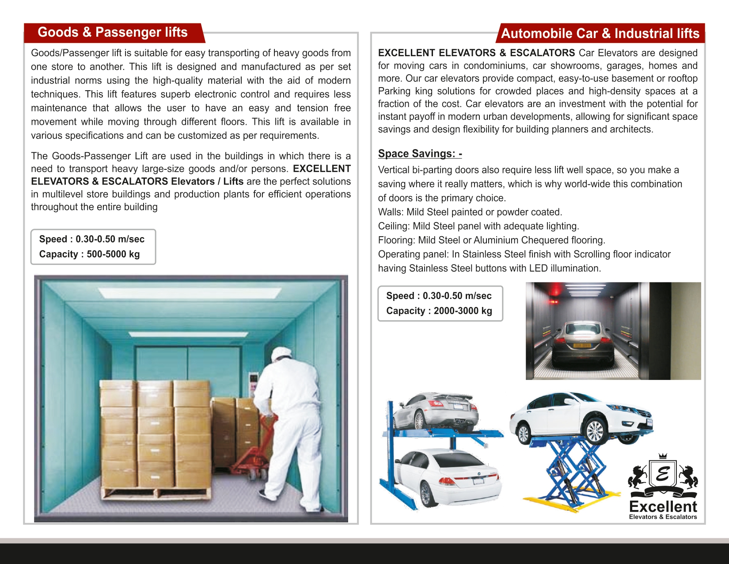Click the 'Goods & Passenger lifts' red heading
[113, 32]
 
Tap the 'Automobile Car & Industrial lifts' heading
[600, 34]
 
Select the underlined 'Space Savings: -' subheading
[420, 153]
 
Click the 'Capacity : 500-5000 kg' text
[89, 254]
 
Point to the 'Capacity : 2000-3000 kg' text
[439, 311]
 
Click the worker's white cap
[281, 353]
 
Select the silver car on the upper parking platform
[435, 411]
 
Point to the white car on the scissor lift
[579, 416]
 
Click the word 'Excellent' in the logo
[663, 506]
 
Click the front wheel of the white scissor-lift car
[594, 431]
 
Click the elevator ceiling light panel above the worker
[190, 292]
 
